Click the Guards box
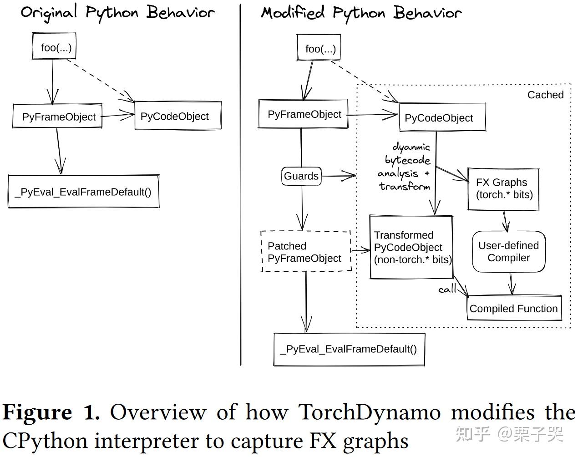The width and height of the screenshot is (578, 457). [301, 176]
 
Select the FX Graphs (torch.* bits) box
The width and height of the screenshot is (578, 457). [504, 189]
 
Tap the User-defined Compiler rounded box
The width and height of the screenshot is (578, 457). [509, 251]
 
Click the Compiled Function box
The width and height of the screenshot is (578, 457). [514, 308]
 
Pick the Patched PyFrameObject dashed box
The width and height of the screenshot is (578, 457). [306, 251]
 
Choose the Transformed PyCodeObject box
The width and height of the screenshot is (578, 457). [411, 247]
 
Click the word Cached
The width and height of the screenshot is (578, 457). [546, 95]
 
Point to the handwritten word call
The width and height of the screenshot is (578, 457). [447, 289]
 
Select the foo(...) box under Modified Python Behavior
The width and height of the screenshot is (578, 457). [319, 47]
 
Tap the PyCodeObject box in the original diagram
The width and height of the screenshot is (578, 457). [178, 116]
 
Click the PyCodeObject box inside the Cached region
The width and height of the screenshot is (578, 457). [442, 117]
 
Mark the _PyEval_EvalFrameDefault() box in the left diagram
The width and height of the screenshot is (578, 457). [84, 192]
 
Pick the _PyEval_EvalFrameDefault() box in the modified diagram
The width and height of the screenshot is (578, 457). [349, 350]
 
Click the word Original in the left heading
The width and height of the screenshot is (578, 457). [49, 13]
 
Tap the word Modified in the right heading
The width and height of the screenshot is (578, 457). [293, 13]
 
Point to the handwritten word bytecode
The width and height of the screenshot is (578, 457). [407, 160]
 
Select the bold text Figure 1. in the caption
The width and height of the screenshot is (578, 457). [51, 412]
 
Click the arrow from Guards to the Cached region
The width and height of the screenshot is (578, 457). [339, 176]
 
